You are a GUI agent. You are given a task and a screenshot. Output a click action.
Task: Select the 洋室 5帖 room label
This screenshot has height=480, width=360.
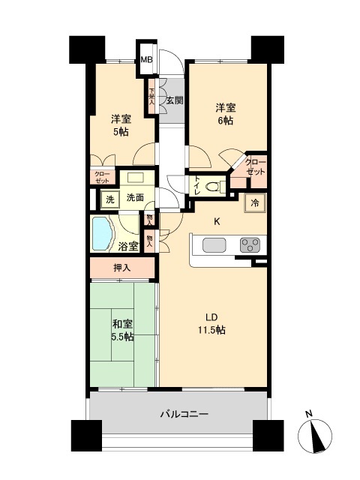pyautogui.click(x=121, y=124)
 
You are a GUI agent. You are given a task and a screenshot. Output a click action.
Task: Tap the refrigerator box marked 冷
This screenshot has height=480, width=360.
pyautogui.click(x=254, y=202)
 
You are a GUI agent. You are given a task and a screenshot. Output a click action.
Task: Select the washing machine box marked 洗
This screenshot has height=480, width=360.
pyautogui.click(x=109, y=199)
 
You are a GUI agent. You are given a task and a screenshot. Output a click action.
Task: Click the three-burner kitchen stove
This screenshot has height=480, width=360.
pyautogui.click(x=248, y=245)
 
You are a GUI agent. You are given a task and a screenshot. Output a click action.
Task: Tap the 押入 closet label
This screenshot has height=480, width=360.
pyautogui.click(x=122, y=268)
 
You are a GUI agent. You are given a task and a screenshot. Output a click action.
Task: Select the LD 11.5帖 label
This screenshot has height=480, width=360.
pyautogui.click(x=214, y=323)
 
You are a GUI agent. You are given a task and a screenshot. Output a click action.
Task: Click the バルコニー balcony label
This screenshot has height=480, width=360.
pyautogui.click(x=183, y=413)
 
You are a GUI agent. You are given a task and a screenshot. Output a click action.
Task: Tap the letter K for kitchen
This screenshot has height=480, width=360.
pyautogui.click(x=217, y=221)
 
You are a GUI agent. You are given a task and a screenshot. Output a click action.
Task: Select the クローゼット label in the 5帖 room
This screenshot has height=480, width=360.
pyautogui.click(x=101, y=177)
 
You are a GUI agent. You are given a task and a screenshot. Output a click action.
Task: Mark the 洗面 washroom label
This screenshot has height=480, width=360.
pyautogui.click(x=135, y=199)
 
